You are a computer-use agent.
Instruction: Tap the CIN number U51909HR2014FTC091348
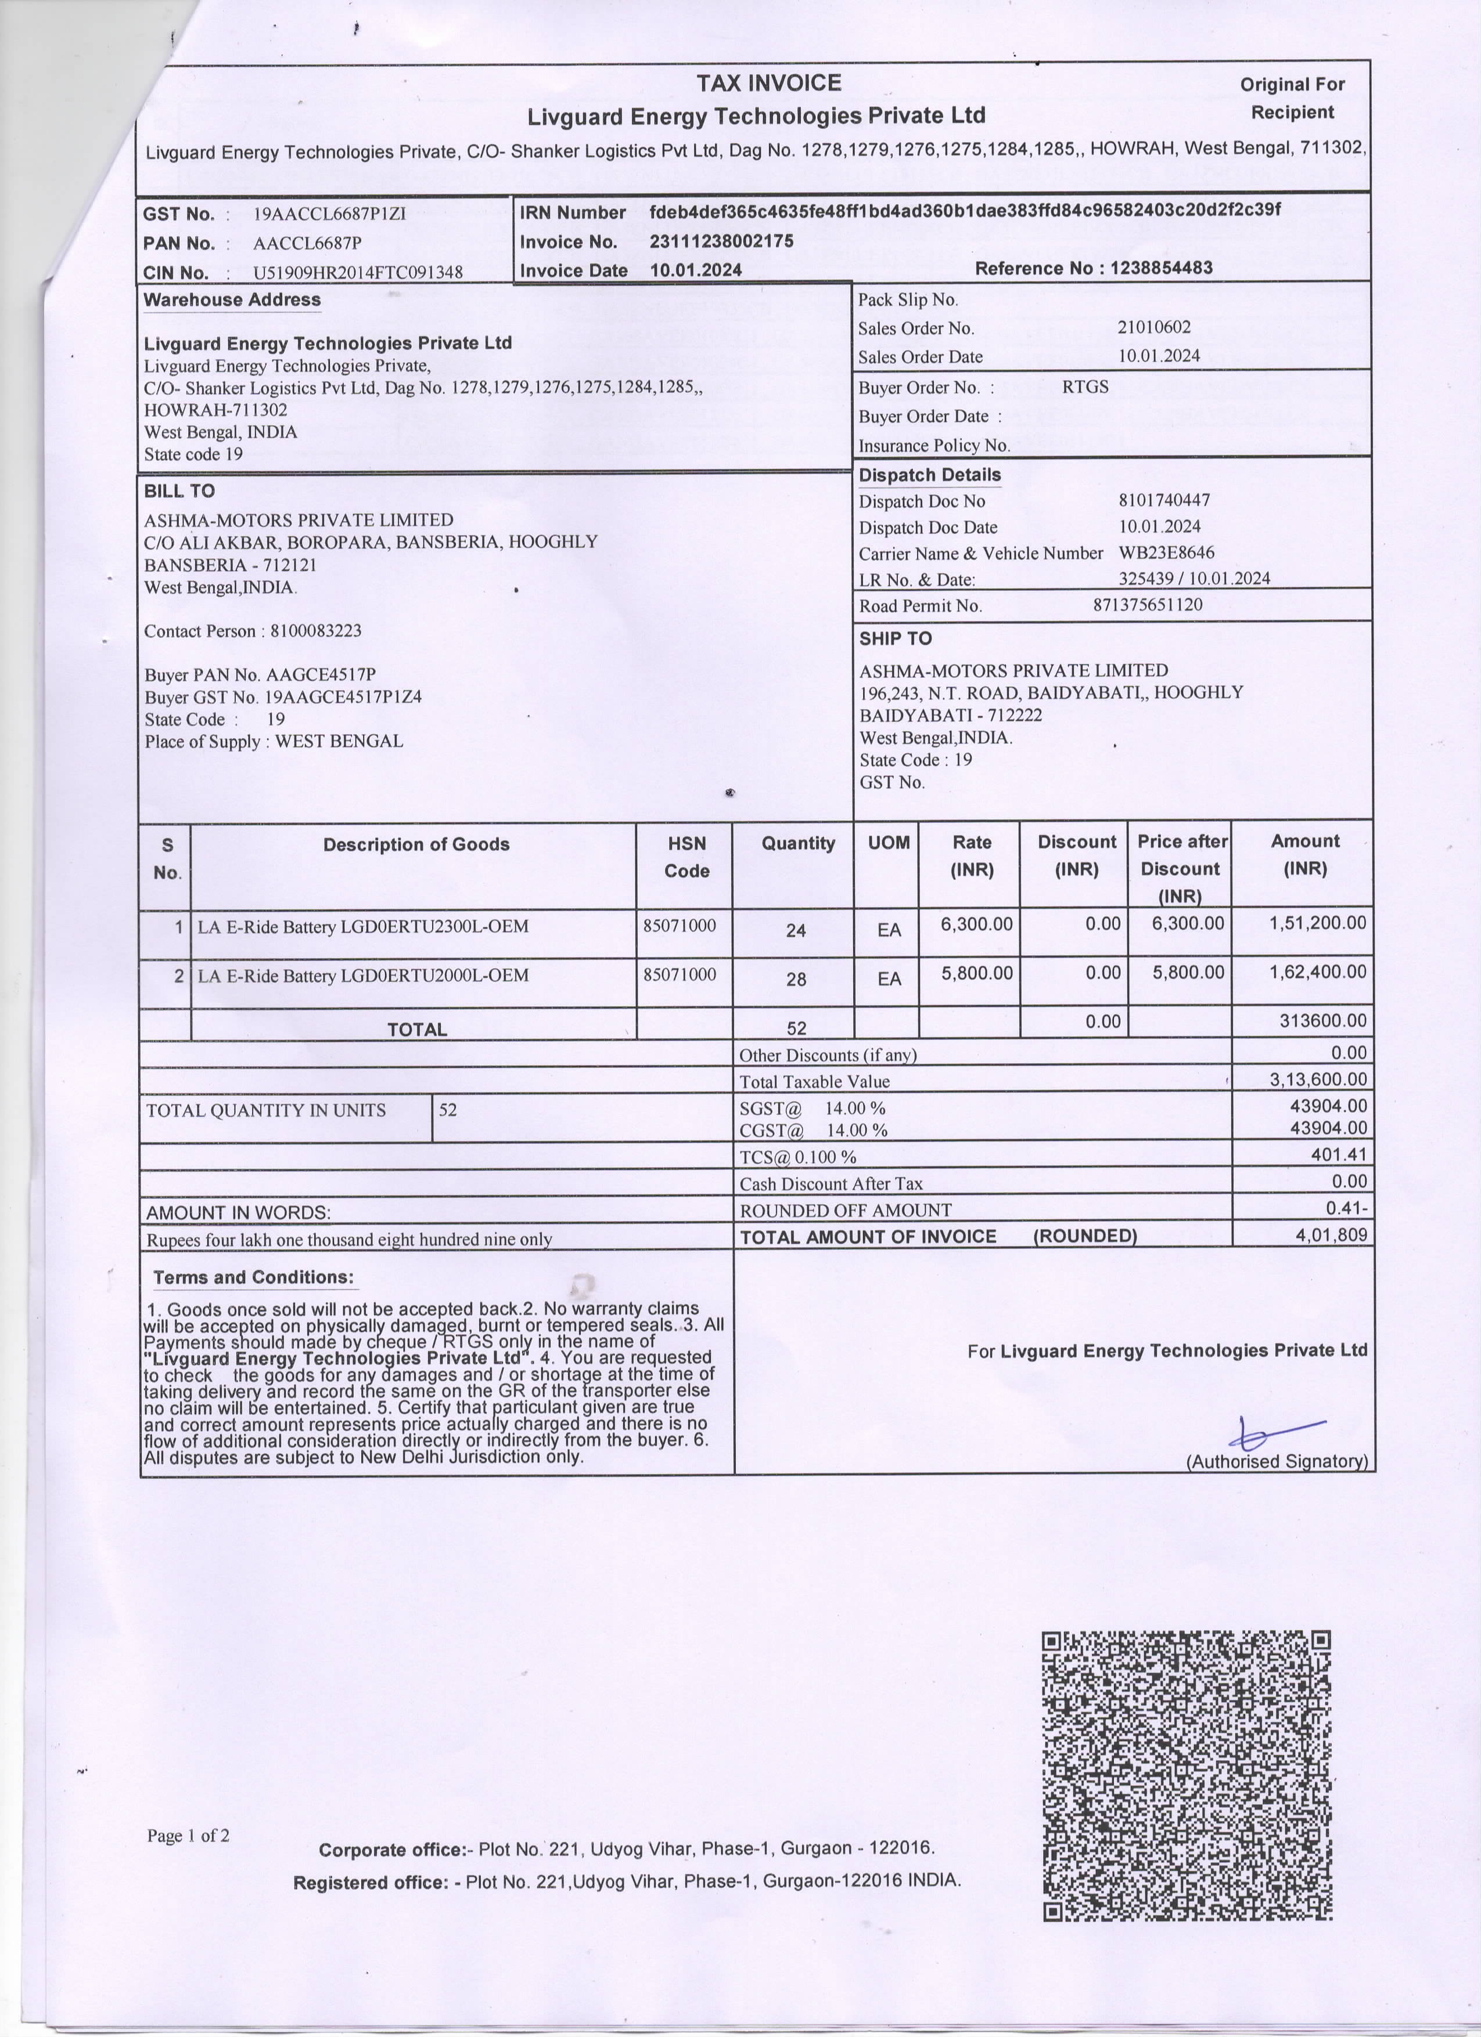pos(358,272)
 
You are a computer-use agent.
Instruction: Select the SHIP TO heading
pos(895,638)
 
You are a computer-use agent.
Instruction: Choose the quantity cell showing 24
pos(795,930)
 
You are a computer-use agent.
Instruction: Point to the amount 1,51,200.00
pos(1317,922)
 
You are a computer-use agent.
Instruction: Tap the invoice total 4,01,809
pos(1331,1235)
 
